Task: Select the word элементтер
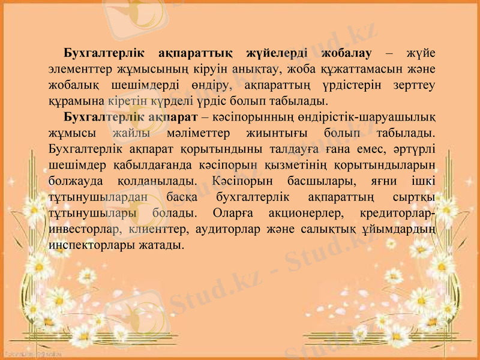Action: (79, 69)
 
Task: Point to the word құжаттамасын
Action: (343, 69)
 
